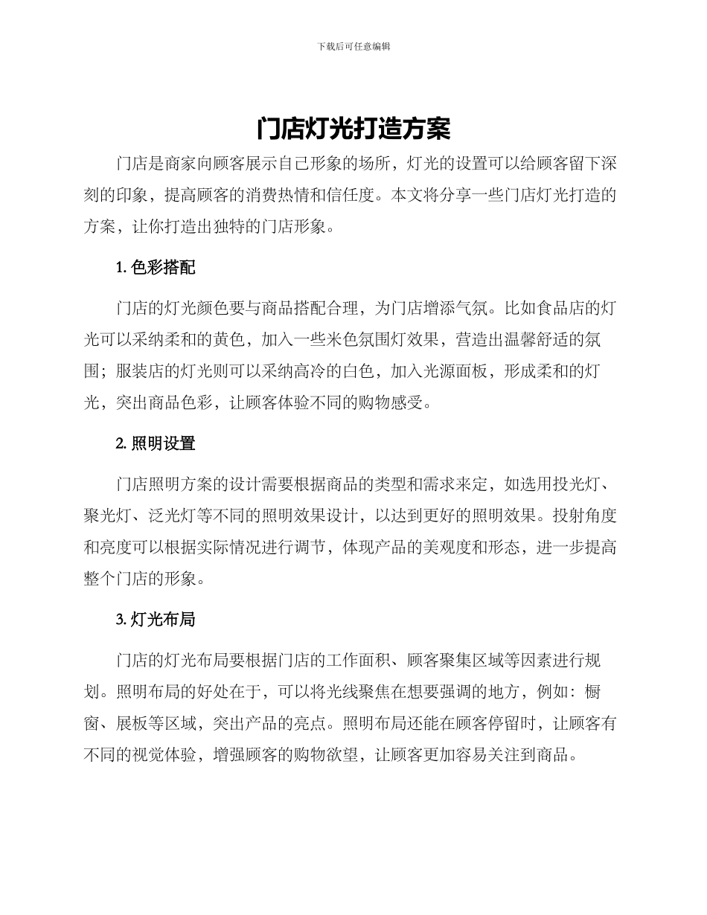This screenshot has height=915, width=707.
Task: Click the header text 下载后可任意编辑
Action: [353, 46]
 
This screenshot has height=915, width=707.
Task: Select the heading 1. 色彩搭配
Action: [156, 268]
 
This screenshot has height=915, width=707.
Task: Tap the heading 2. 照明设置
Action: [156, 443]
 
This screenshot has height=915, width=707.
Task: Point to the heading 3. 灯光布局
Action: [156, 619]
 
